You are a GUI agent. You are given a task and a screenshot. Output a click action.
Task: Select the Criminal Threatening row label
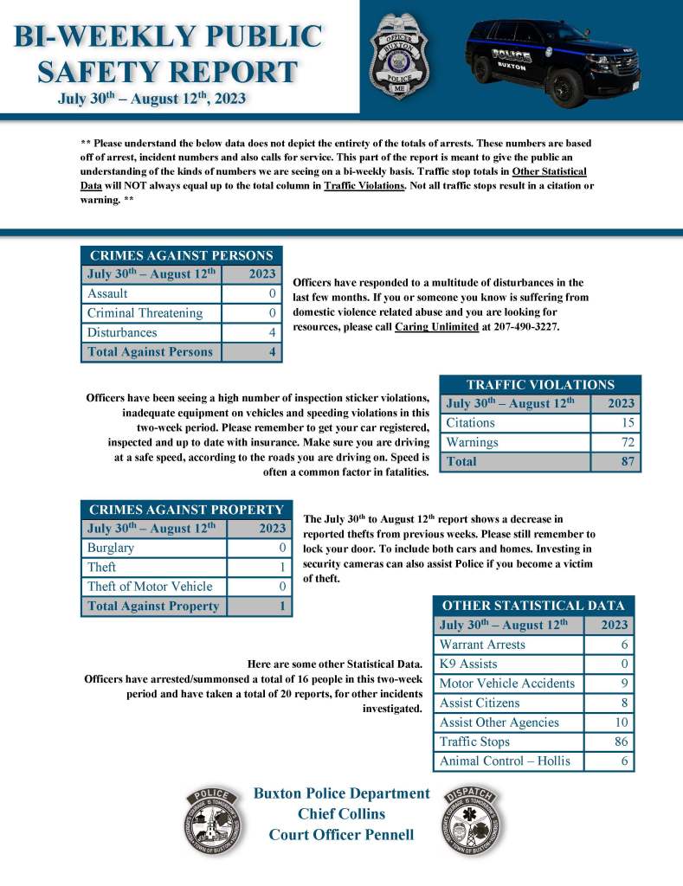pyautogui.click(x=145, y=313)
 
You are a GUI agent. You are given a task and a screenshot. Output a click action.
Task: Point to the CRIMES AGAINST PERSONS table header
pyautogui.click(x=182, y=255)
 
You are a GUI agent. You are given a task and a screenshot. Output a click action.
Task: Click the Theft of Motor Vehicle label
pyautogui.click(x=150, y=587)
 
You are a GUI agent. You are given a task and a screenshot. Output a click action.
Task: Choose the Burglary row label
pyautogui.click(x=111, y=548)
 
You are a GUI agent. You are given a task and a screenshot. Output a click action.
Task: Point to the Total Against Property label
pyautogui.click(x=153, y=607)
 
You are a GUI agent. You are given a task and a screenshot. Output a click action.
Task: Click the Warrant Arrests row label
pyautogui.click(x=482, y=645)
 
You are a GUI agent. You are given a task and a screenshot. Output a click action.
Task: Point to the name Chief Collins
pyautogui.click(x=341, y=814)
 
